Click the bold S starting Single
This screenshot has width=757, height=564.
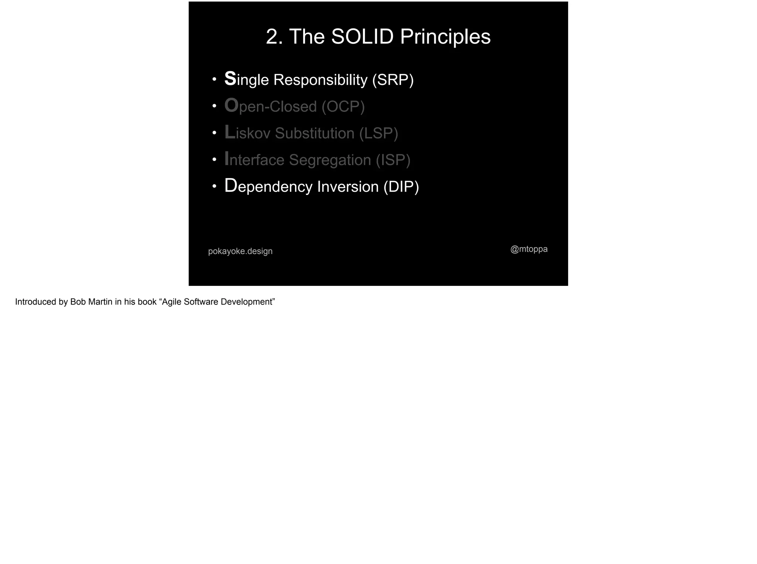point(230,79)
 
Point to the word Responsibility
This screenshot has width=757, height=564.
point(320,80)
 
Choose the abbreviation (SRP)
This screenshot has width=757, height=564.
point(393,80)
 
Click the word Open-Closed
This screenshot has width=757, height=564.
point(270,106)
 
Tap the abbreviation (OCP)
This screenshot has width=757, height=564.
point(343,107)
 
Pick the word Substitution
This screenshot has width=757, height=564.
point(315,133)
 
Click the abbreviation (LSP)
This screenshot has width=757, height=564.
point(378,133)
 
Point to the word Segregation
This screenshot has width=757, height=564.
point(330,160)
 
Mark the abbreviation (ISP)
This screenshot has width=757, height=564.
point(393,160)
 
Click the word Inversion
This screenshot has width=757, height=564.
point(348,187)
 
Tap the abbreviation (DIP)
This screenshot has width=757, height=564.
point(401,187)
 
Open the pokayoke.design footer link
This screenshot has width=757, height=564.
point(240,251)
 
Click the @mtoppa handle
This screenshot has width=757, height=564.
point(529,249)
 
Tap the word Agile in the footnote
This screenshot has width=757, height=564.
point(172,302)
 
